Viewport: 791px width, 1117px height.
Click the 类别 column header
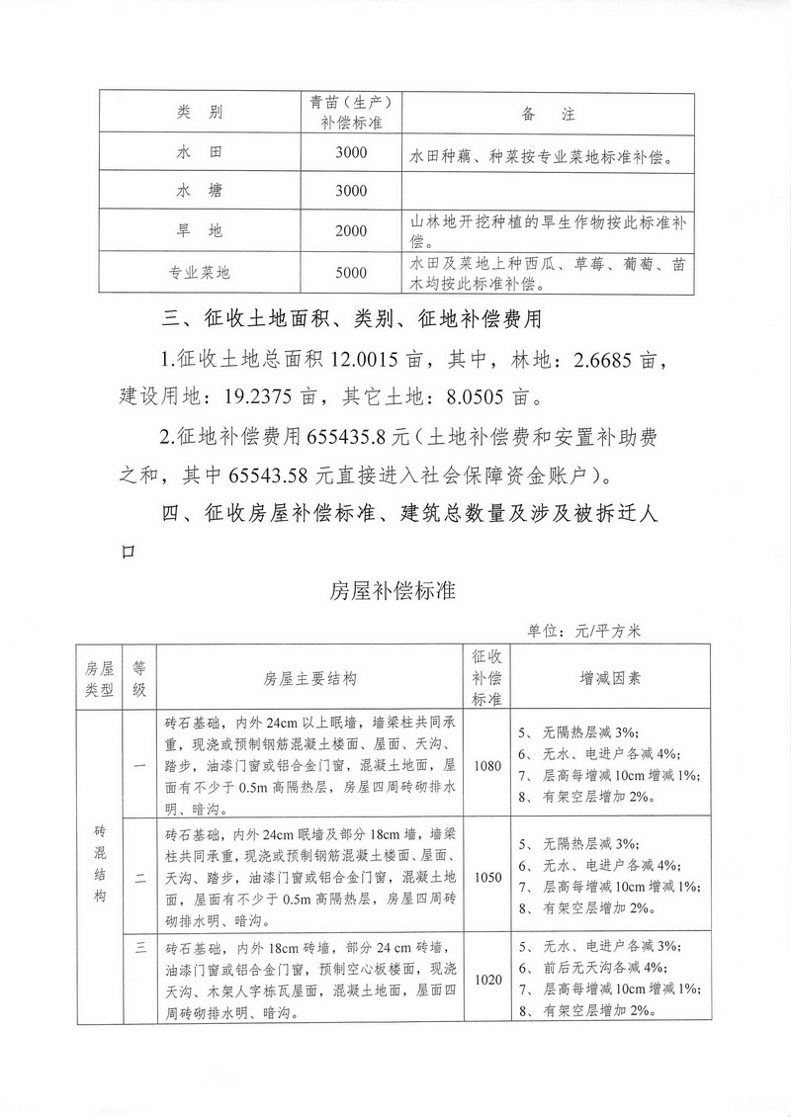click(199, 113)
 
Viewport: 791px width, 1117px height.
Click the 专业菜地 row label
click(199, 273)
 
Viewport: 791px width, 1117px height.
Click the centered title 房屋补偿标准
click(394, 592)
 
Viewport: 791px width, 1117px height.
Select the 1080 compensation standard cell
click(486, 766)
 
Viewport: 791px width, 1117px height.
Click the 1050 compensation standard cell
click(486, 876)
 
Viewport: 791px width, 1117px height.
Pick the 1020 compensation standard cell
click(486, 980)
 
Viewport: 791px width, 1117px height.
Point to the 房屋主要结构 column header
click(309, 679)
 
